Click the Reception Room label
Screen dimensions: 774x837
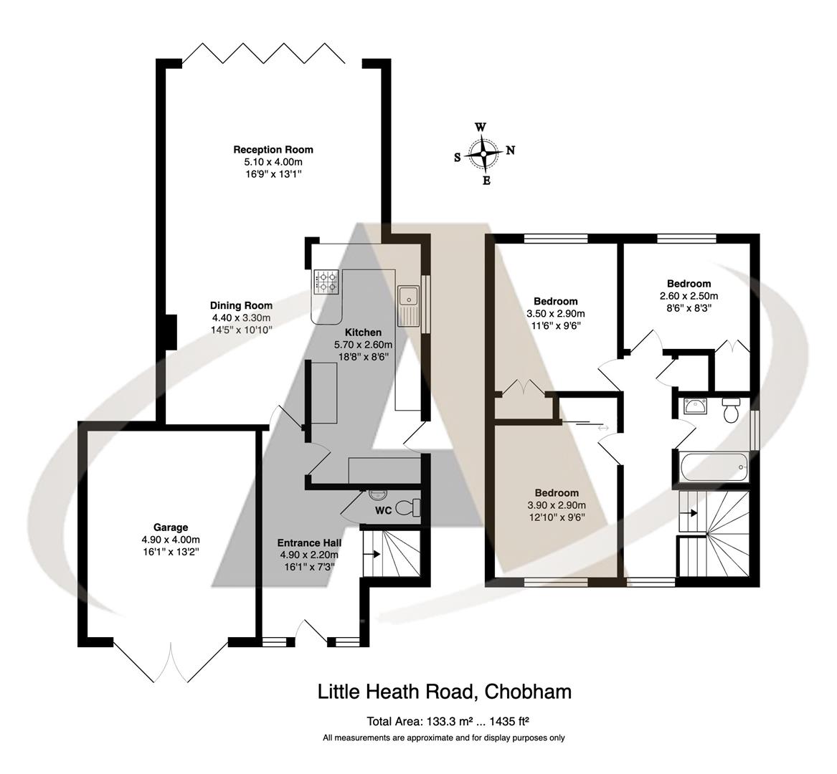[273, 150]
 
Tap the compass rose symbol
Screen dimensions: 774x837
[484, 153]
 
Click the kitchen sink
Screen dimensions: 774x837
[409, 295]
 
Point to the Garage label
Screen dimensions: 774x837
[170, 527]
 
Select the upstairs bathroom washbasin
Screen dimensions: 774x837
[695, 407]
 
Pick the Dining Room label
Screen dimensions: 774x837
[241, 305]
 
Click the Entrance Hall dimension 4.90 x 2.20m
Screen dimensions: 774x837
[308, 555]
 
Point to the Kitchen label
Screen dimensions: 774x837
[363, 333]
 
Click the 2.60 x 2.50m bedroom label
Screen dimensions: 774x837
[689, 295]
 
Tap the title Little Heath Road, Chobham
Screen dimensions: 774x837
[445, 692]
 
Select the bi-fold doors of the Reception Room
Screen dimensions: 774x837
[273, 54]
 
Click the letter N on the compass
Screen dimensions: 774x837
[511, 150]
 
